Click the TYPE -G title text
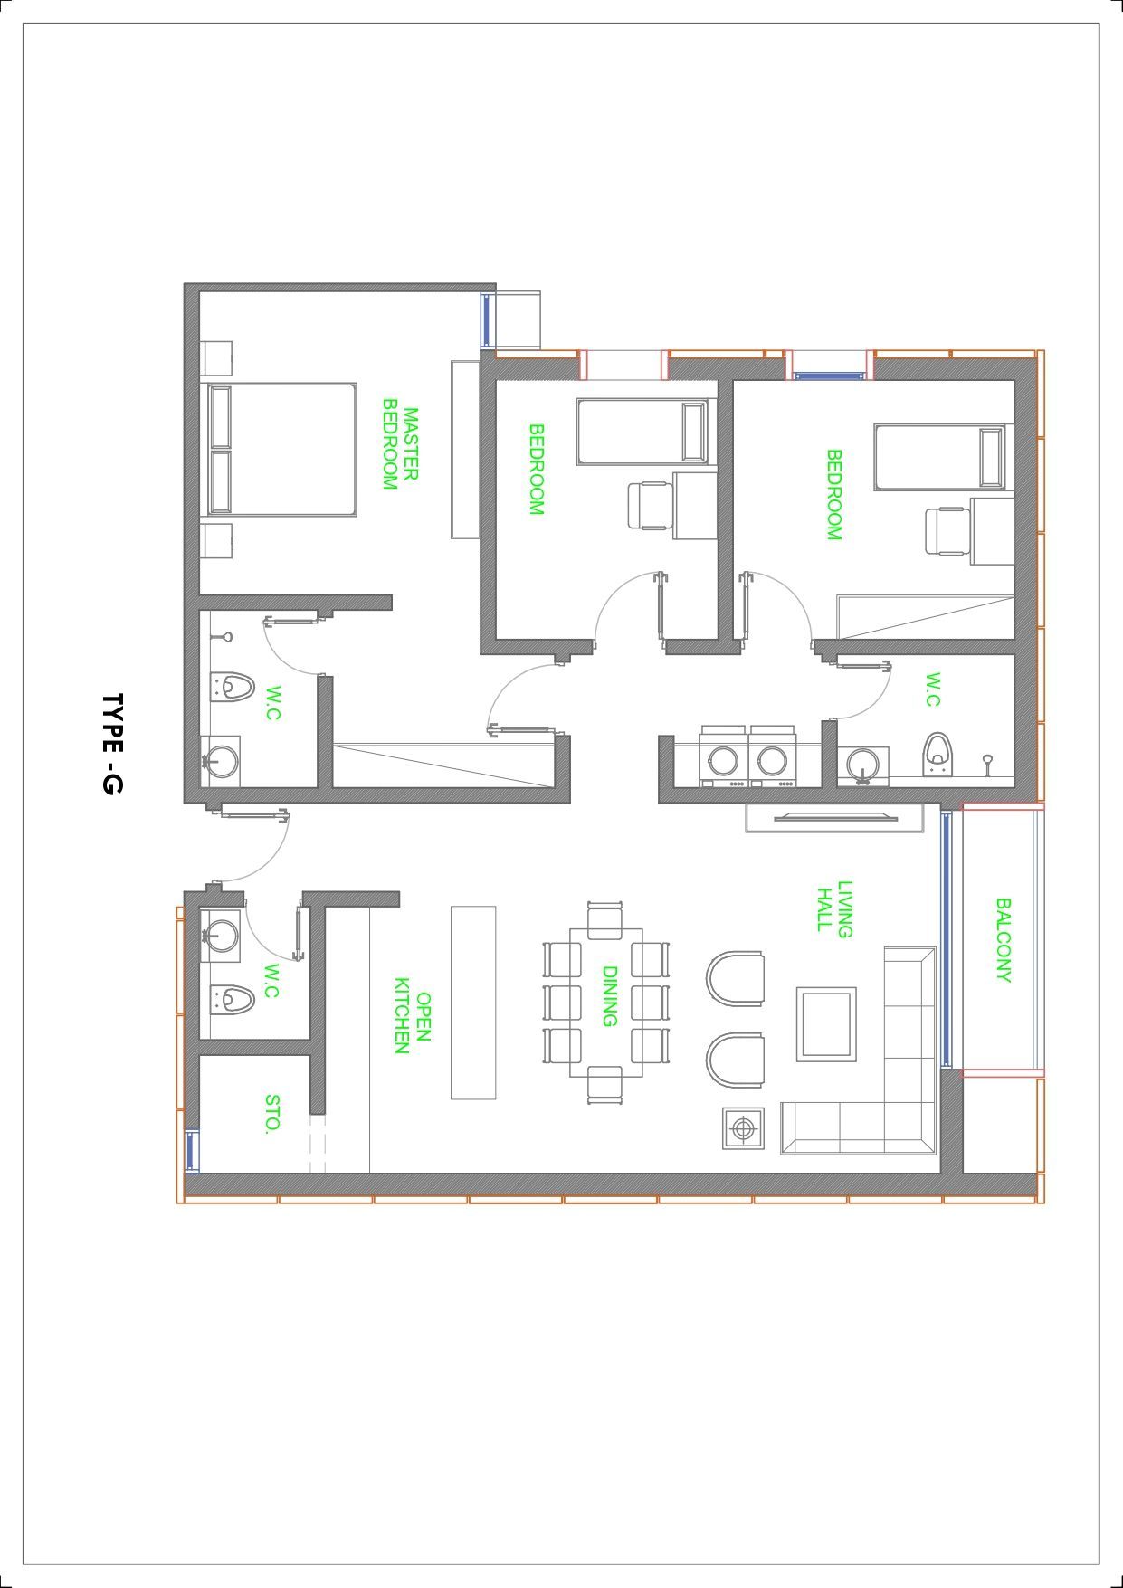click(x=111, y=745)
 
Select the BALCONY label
click(x=1003, y=939)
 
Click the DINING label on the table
click(x=609, y=996)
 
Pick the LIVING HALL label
click(x=834, y=909)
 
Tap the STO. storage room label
click(x=272, y=1114)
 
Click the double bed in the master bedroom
click(x=281, y=450)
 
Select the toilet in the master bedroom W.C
click(x=232, y=687)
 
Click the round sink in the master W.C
click(x=220, y=759)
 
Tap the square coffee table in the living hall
click(x=825, y=1024)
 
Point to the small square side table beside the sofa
click(x=743, y=1128)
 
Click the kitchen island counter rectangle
click(x=473, y=1003)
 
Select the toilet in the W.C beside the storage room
click(x=232, y=1000)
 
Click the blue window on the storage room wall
click(x=191, y=1150)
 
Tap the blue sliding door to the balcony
click(x=947, y=939)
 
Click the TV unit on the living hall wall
click(x=834, y=818)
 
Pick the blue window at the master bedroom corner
click(x=486, y=319)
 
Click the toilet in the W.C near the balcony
click(x=938, y=754)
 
